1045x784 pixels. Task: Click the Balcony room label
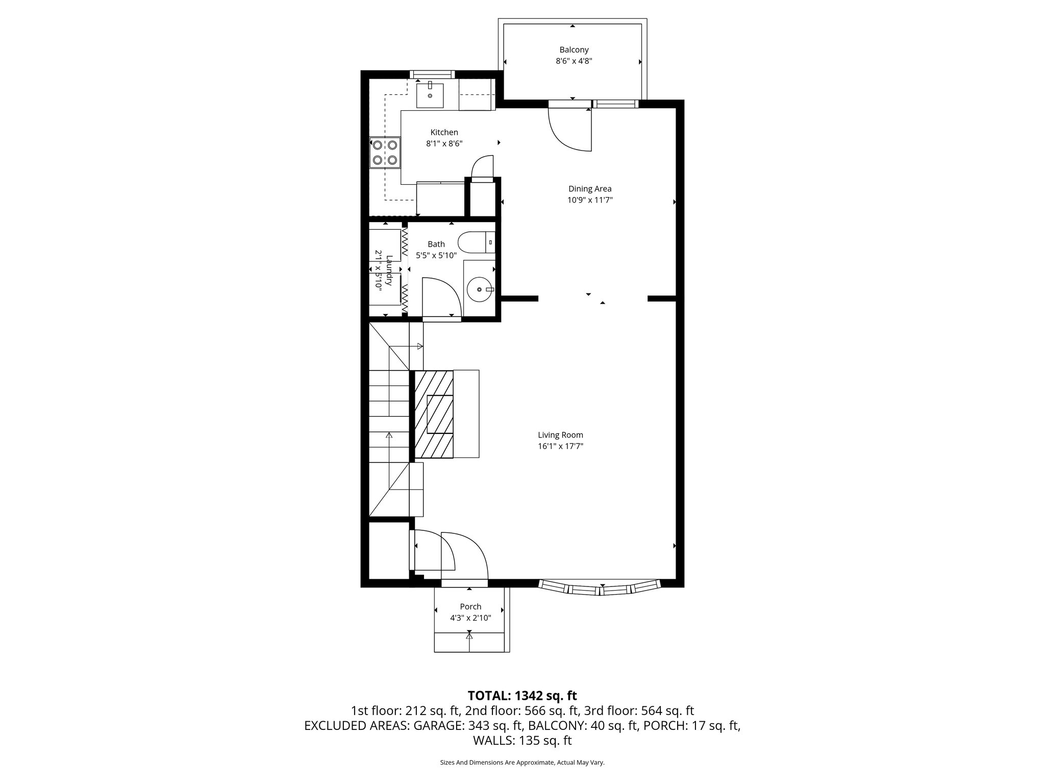[x=574, y=50]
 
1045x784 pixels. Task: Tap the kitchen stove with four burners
[x=385, y=152]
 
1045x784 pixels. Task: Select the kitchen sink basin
[x=430, y=95]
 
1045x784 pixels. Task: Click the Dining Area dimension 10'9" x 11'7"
[x=590, y=200]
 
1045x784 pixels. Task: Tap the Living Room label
[x=560, y=435]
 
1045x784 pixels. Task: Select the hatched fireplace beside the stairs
[x=434, y=414]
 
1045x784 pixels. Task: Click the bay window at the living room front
[x=601, y=588]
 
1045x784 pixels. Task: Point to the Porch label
[x=470, y=606]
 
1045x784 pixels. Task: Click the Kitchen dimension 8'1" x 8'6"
[x=444, y=144]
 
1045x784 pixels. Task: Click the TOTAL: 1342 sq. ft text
[x=522, y=695]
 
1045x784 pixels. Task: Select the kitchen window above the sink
[x=432, y=75]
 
